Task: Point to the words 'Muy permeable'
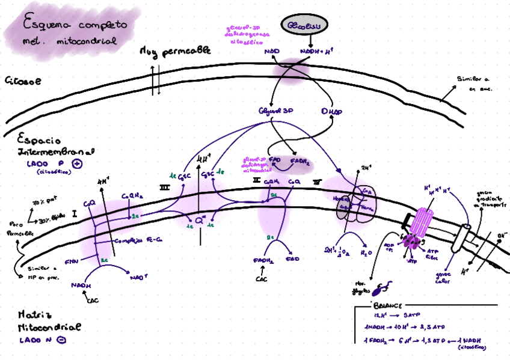pos(175,52)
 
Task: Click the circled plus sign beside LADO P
pos(76,163)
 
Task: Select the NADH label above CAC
pos(80,285)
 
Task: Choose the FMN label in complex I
pos(72,261)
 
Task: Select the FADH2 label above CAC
pos(264,260)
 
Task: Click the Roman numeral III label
pos(164,188)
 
